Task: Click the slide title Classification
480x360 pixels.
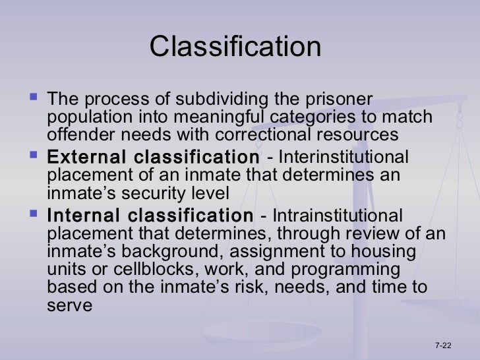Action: pyautogui.click(x=235, y=47)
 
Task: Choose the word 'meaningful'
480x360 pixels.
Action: pyautogui.click(x=210, y=118)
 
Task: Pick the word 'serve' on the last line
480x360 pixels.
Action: pyautogui.click(x=69, y=306)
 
